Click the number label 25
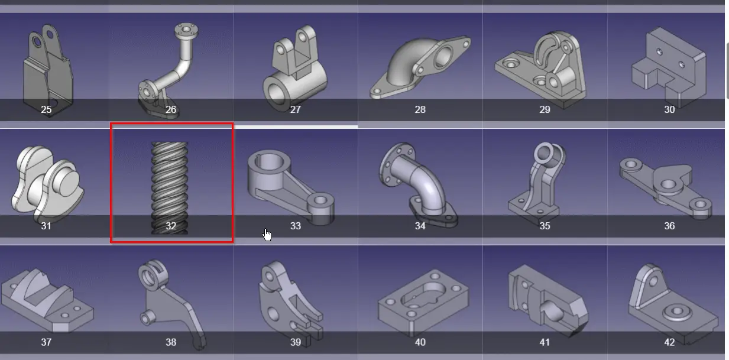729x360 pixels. (x=46, y=109)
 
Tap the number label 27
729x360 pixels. (x=296, y=109)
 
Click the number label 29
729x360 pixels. (x=545, y=109)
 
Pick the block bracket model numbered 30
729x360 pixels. (x=669, y=65)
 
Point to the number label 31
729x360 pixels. (x=46, y=226)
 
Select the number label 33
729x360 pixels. (x=296, y=226)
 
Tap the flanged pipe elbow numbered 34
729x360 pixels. (x=420, y=180)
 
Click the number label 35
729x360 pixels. (x=545, y=226)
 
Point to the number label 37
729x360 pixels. (x=46, y=342)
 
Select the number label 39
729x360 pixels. (x=296, y=342)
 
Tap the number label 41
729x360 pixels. (x=545, y=342)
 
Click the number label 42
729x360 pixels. (x=669, y=342)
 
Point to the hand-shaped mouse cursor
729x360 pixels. (x=268, y=235)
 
